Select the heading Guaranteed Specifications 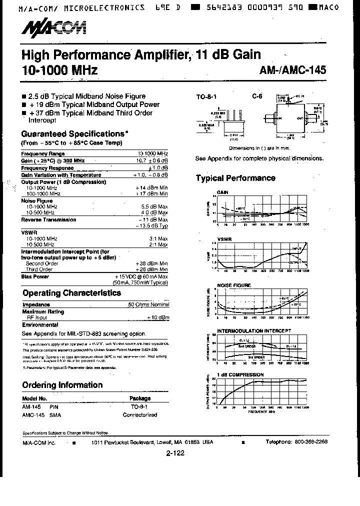pyautogui.click(x=73, y=134)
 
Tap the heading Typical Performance pyautogui.click(x=235, y=178)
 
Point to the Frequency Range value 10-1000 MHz pyautogui.click(x=152, y=153)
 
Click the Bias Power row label pyautogui.click(x=35, y=276)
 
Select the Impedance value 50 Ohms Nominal pyautogui.click(x=148, y=304)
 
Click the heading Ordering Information pyautogui.click(x=62, y=385)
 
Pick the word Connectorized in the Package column pyautogui.click(x=140, y=415)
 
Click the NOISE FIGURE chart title pyautogui.click(x=233, y=285)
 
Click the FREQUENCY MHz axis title pyautogui.click(x=261, y=413)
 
